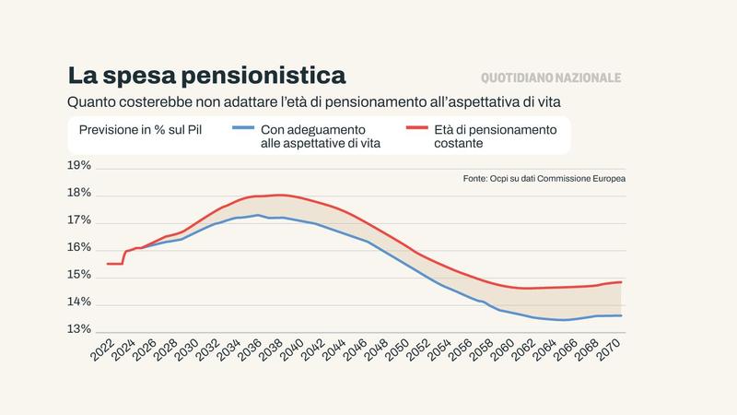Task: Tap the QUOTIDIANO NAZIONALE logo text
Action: click(551, 78)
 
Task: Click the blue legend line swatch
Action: click(242, 129)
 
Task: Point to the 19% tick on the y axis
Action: click(79, 166)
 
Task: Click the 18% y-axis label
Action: click(79, 194)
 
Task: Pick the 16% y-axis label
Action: click(79, 248)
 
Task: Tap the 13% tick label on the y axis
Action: click(79, 330)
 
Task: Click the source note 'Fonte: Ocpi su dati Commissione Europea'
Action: click(544, 178)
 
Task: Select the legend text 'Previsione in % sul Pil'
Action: click(140, 130)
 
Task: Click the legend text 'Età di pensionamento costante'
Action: click(496, 136)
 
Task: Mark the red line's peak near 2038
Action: click(280, 195)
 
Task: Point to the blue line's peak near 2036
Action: click(258, 215)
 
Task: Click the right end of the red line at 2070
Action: click(621, 282)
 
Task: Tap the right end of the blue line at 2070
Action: click(621, 315)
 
